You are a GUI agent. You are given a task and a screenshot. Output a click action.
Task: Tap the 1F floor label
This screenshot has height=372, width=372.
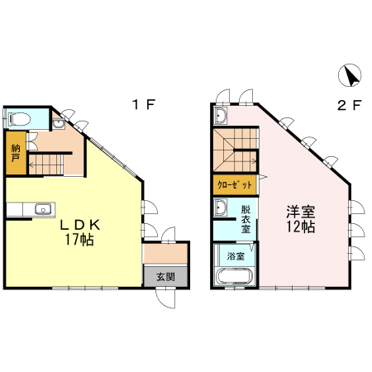(x=144, y=105)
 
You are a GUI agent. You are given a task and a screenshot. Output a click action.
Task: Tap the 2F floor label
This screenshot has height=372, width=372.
(x=350, y=105)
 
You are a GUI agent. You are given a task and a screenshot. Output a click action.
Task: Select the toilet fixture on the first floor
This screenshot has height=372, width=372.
(x=19, y=119)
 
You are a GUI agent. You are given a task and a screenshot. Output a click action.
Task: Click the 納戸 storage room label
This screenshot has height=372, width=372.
(x=16, y=153)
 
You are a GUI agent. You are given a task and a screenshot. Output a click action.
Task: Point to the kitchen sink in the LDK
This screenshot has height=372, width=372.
(x=43, y=209)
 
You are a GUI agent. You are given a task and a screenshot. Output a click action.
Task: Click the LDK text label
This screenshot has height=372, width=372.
(x=80, y=226)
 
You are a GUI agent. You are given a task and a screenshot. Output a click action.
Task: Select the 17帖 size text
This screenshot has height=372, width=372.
(x=79, y=240)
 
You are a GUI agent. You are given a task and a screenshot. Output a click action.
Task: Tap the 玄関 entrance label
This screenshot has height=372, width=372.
(x=165, y=277)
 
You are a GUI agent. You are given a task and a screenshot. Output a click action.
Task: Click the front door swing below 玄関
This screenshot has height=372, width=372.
(x=165, y=298)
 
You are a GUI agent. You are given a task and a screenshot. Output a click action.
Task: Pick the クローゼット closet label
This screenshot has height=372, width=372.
(x=235, y=184)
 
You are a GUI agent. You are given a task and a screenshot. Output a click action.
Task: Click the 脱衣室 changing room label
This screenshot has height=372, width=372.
(x=246, y=219)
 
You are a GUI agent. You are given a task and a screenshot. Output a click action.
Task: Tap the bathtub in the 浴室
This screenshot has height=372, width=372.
(x=234, y=276)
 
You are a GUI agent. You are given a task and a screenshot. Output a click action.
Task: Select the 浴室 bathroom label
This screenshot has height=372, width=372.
(x=236, y=256)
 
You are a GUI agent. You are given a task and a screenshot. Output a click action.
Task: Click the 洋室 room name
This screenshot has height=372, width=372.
(x=301, y=212)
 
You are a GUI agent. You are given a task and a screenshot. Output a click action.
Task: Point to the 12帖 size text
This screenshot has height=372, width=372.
(x=301, y=227)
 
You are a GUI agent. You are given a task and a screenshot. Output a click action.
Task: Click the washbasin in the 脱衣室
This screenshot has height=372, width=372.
(x=220, y=207)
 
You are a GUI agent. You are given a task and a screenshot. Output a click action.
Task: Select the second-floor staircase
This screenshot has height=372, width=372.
(x=236, y=150)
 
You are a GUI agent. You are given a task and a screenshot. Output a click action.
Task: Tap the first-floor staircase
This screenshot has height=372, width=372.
(x=46, y=165)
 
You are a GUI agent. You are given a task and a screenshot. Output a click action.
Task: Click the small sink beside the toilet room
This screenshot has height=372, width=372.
(x=58, y=124)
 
